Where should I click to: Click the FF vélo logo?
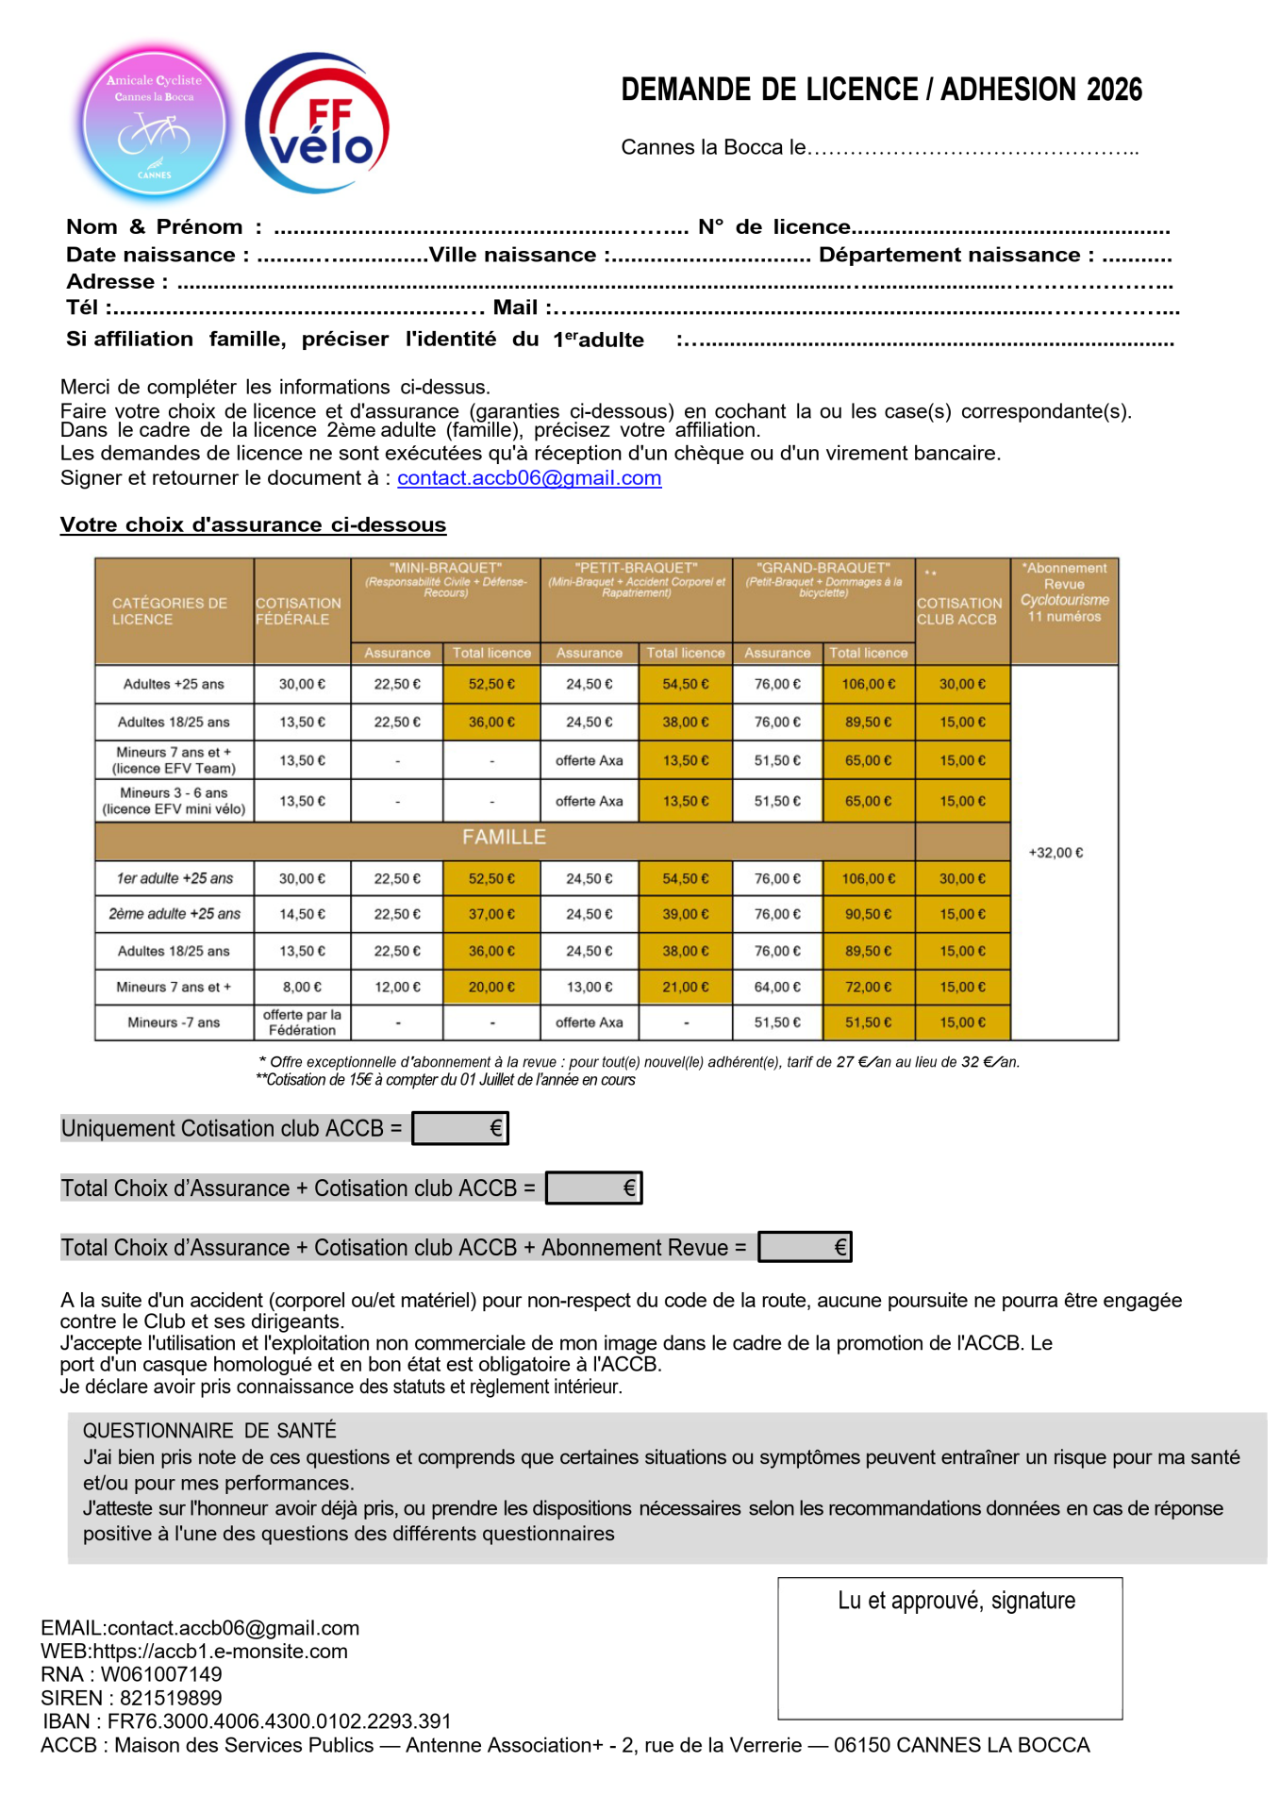(318, 124)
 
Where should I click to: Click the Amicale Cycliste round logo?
(154, 124)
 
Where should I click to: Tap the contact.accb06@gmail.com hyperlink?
(529, 478)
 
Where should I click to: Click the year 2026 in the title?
(1114, 90)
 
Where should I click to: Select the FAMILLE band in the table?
(504, 838)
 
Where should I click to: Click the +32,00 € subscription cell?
(1056, 853)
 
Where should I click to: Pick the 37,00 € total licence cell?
(491, 914)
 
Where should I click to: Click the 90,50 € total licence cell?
(868, 914)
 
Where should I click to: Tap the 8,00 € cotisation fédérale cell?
(302, 987)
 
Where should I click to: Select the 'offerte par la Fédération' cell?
(302, 1022)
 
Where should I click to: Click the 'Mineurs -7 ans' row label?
(174, 1022)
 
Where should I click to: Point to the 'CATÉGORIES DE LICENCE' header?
(170, 611)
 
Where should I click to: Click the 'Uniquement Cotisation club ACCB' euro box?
(460, 1128)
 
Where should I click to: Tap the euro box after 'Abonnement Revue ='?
(805, 1247)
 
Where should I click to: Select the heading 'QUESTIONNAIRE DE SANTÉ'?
(209, 1431)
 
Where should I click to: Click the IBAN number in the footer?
(279, 1721)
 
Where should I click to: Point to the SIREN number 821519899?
(171, 1698)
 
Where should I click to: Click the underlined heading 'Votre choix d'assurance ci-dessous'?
(253, 524)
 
